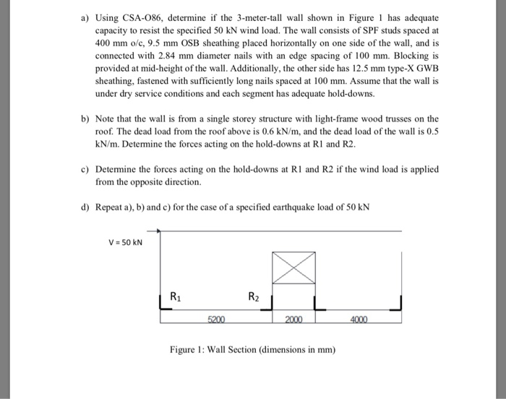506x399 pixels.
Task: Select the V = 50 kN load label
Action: point(124,241)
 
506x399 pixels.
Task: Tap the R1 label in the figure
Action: point(176,295)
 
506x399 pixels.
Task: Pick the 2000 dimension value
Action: point(293,319)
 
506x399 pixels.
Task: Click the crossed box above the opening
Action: point(293,268)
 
